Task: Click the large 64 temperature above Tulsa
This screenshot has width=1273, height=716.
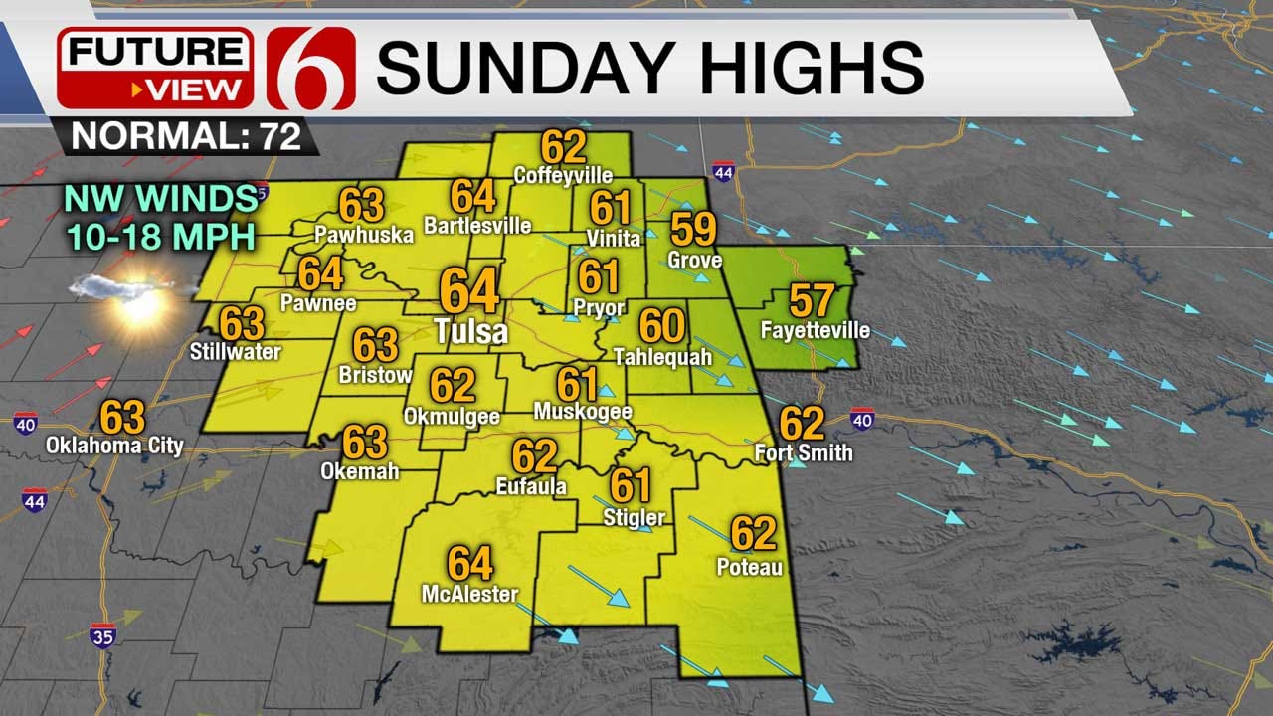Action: pos(469,291)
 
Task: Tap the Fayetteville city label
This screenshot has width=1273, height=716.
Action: pos(815,330)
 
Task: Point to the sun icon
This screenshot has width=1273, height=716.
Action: pos(139,302)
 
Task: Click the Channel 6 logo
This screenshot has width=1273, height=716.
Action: pos(311,68)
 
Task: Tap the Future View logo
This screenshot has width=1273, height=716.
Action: pos(154,68)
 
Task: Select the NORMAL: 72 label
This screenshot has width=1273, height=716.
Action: pos(186,136)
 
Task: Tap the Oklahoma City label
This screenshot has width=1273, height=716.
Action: pos(114,445)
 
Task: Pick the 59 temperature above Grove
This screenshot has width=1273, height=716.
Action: pos(693,229)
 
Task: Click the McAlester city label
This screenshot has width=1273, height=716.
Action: pos(469,594)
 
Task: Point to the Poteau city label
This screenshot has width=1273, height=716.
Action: pos(749,567)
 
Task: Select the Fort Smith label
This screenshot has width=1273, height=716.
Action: pos(803,452)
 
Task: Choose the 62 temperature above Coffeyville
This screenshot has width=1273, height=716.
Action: pos(563,147)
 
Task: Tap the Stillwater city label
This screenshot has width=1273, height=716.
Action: pos(236,351)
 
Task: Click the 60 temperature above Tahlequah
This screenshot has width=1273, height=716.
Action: pos(661,326)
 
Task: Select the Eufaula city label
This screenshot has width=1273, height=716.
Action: pos(531,486)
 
